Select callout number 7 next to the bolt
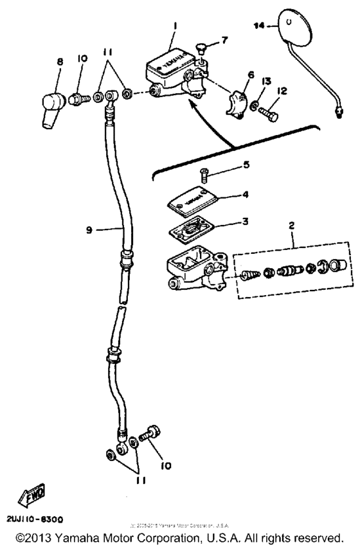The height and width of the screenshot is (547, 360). click(224, 40)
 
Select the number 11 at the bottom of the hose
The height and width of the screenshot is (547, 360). click(136, 480)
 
